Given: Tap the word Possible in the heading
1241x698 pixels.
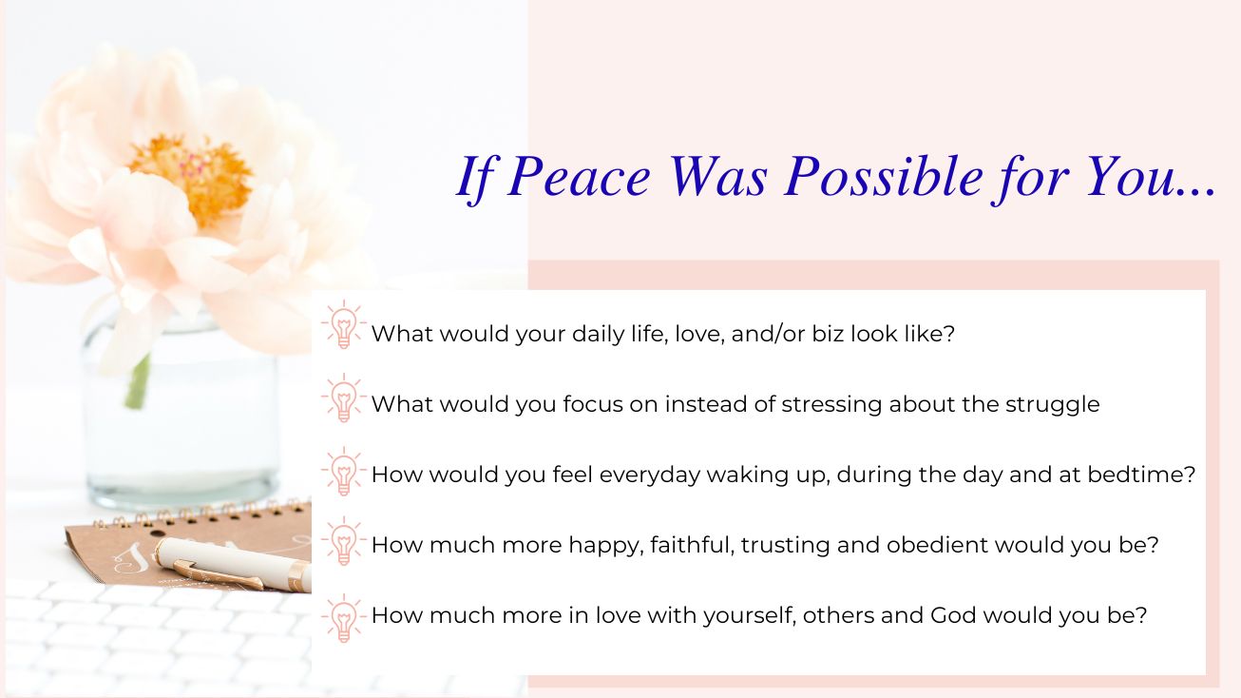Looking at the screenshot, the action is tap(883, 176).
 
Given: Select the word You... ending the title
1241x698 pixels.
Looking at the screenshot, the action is tap(1152, 176).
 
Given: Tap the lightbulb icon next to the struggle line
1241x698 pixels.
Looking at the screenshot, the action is tap(343, 397).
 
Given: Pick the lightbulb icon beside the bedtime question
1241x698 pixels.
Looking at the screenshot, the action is tap(343, 471).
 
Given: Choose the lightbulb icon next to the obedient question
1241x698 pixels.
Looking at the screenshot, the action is tap(343, 540).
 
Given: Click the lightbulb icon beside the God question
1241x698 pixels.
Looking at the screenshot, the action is tap(343, 618).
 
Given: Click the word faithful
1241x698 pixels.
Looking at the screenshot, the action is tap(693, 545).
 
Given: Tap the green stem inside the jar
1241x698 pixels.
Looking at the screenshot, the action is tap(139, 381).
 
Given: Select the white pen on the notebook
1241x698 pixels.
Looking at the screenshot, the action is tap(233, 564).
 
